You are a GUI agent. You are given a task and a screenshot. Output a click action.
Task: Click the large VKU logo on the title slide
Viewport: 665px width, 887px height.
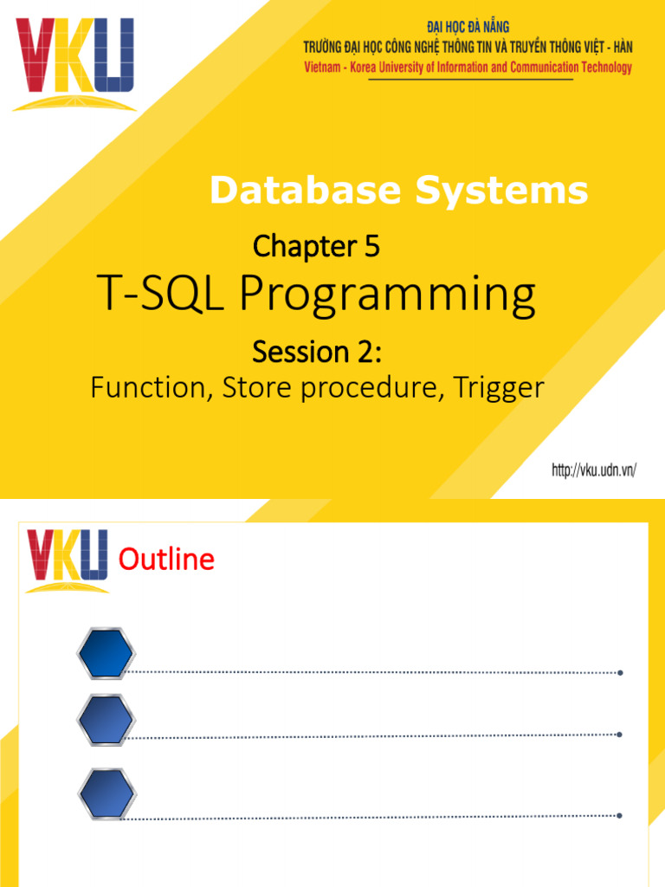[74, 62]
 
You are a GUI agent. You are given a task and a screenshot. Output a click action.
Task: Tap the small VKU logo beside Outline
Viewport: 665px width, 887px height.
[68, 560]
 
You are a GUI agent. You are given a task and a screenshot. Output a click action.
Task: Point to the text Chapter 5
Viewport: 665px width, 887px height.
[316, 248]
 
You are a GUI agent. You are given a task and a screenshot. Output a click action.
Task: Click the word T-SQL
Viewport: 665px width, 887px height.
[163, 297]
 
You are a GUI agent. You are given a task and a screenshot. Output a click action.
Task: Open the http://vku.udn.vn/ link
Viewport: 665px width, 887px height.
[594, 470]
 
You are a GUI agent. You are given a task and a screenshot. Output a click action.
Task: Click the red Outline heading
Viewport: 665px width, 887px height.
[166, 560]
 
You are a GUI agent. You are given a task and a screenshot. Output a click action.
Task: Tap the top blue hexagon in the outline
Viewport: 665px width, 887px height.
[106, 654]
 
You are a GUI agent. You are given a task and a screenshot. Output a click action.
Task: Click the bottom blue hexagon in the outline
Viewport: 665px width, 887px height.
[106, 793]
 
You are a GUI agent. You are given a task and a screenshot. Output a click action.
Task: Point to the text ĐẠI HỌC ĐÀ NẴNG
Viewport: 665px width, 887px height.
[468, 28]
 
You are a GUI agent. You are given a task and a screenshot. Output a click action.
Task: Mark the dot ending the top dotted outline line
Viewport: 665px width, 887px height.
[621, 673]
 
